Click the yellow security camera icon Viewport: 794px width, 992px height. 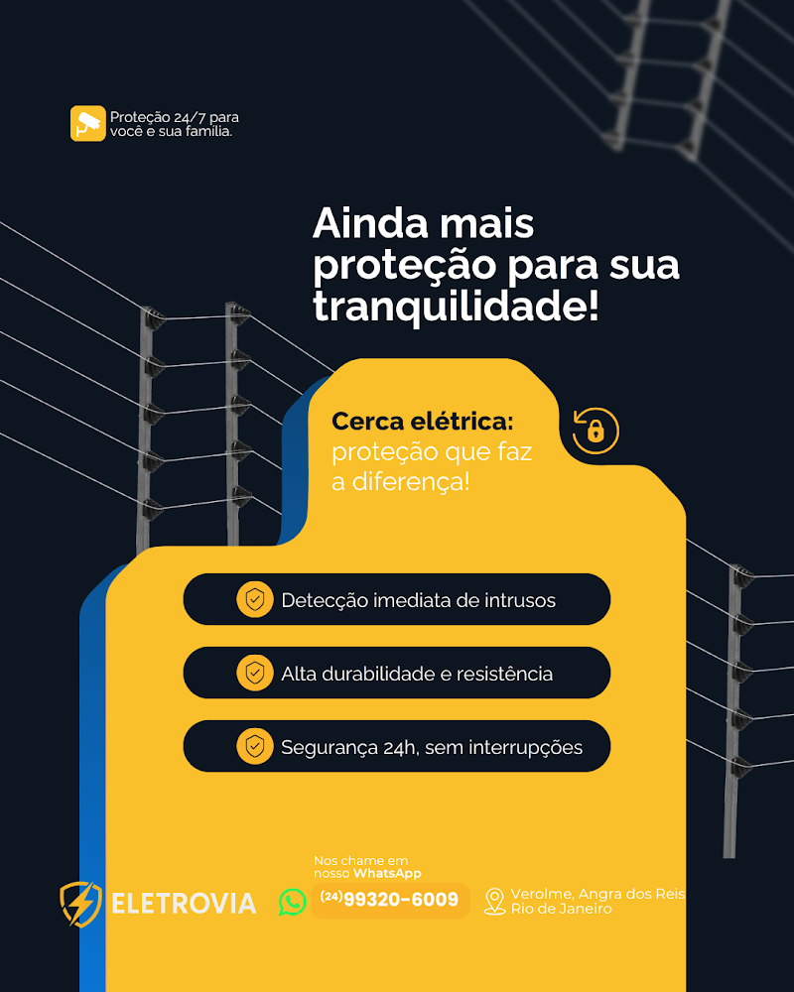click(87, 123)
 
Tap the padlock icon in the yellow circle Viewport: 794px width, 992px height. click(595, 431)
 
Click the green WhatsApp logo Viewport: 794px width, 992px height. click(293, 901)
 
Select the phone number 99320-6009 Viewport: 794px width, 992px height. click(401, 900)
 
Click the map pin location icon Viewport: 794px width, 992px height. click(494, 901)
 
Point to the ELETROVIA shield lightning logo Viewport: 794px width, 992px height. click(80, 904)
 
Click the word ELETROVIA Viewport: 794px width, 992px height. click(184, 904)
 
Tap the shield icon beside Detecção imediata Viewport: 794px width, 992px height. click(255, 599)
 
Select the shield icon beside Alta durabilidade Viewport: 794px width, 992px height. click(255, 673)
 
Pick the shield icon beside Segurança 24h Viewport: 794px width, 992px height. click(255, 746)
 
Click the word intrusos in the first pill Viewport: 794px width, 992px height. click(519, 600)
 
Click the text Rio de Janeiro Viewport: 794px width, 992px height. click(561, 909)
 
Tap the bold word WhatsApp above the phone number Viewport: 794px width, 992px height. click(387, 873)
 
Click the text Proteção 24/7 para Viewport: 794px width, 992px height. click(174, 117)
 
